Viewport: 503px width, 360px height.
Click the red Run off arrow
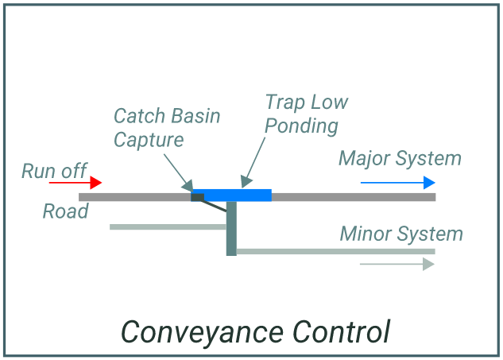click(x=75, y=183)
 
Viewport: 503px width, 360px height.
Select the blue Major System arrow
click(x=397, y=183)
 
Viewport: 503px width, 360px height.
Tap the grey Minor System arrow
click(x=397, y=264)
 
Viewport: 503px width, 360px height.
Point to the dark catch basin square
click(x=197, y=197)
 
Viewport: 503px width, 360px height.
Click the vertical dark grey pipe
click(x=231, y=230)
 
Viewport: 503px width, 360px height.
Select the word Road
click(x=65, y=211)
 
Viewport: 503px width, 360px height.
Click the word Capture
click(x=149, y=140)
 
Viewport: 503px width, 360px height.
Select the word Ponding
click(x=301, y=126)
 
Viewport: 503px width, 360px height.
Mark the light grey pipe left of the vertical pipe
click(x=168, y=227)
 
